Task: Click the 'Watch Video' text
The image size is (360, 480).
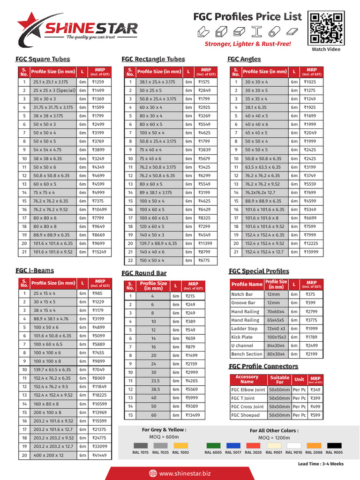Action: point(326,49)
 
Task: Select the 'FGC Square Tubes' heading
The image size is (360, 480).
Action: point(43,59)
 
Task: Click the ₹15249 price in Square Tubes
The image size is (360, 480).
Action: point(99,252)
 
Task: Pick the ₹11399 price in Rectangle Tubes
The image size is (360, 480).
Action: point(205,244)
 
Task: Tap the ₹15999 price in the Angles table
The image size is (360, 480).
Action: point(311,252)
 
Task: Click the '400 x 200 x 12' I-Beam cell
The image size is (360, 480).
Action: point(48,455)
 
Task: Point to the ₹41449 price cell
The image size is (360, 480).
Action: point(99,455)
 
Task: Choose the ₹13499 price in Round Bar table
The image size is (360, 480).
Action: point(193,415)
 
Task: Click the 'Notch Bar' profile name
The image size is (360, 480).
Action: point(242,294)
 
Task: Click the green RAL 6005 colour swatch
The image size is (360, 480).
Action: point(213,445)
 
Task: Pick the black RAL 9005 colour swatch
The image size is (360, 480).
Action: point(334,445)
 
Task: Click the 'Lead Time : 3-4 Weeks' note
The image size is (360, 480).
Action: point(321,464)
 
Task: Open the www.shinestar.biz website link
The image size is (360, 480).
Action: point(185,473)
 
